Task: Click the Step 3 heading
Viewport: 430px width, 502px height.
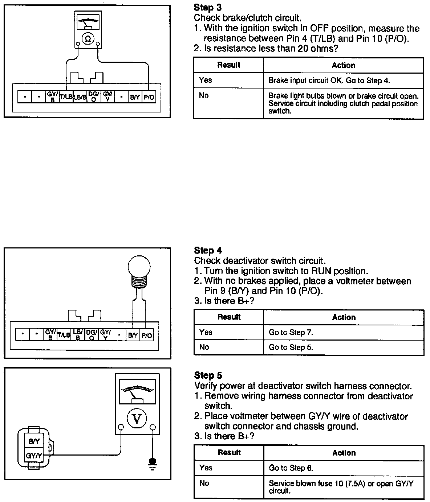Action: click(x=207, y=7)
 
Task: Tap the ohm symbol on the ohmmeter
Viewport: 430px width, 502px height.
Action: click(x=88, y=38)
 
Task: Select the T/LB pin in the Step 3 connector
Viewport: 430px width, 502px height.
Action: click(x=66, y=97)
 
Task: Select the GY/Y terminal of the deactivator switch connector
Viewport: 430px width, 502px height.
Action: click(x=34, y=456)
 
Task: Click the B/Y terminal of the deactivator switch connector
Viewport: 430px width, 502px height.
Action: click(x=34, y=441)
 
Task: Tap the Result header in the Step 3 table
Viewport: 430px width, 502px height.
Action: click(x=228, y=65)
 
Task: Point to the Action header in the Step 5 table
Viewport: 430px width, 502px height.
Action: click(x=344, y=453)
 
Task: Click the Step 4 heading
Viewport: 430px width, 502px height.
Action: click(x=208, y=250)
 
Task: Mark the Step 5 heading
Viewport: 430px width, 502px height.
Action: click(x=208, y=375)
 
